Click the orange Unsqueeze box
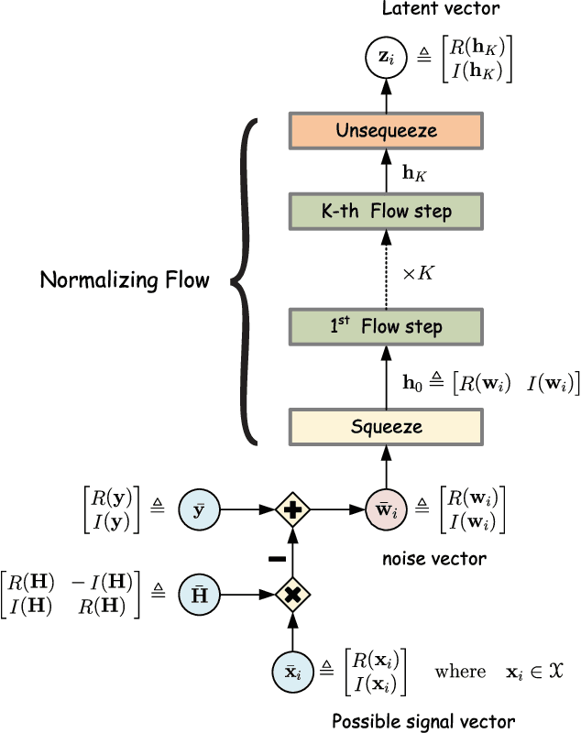[386, 130]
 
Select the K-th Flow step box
[386, 211]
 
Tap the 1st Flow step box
[386, 326]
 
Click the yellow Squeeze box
[386, 426]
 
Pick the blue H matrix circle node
[199, 593]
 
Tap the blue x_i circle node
[291, 672]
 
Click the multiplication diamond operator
[291, 593]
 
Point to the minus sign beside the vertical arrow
[276, 557]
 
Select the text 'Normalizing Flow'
[125, 280]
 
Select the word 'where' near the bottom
[460, 672]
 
